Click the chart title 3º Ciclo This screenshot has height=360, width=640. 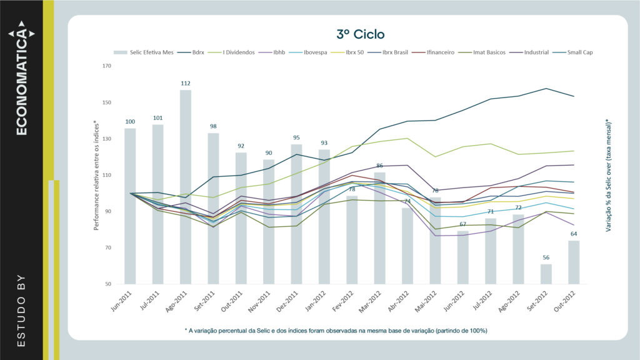coord(360,34)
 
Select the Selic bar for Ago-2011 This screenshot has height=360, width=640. coord(186,187)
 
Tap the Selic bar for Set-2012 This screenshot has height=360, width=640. coord(546,274)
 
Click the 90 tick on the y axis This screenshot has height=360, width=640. coord(107,212)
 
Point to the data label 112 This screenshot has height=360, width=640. coord(186,82)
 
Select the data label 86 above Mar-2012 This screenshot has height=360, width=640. coord(379,166)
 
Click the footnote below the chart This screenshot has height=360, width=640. coord(336,330)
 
